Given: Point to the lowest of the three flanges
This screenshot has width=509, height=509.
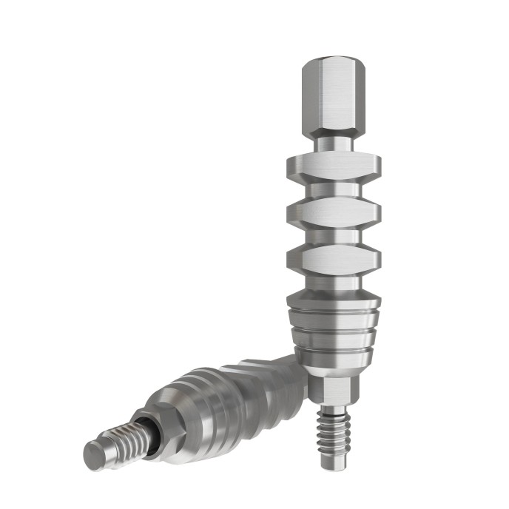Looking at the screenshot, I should (x=332, y=260).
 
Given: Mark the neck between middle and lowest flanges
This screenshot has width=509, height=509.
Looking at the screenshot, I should (x=332, y=237).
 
